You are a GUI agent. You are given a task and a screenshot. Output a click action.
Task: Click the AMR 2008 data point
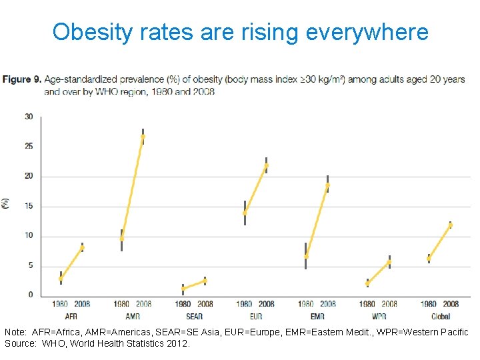(143, 137)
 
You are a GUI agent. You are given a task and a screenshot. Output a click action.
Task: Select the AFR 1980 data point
(61, 278)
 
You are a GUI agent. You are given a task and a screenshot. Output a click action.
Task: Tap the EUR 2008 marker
(266, 165)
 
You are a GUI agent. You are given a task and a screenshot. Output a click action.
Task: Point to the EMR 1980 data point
(306, 256)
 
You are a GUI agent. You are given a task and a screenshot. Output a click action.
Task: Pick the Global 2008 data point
(450, 225)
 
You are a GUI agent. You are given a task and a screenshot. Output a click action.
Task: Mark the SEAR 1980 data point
(183, 289)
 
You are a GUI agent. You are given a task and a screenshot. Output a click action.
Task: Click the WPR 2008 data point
(389, 262)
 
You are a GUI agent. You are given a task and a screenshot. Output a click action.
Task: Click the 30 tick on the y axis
(29, 117)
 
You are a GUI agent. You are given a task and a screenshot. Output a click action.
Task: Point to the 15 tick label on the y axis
(29, 207)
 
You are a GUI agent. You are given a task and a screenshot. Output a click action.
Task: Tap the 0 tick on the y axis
(31, 295)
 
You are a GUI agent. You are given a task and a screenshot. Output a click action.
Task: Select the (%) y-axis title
(6, 203)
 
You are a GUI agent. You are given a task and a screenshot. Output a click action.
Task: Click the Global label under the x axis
(440, 316)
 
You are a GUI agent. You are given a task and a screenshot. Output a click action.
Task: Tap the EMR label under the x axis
(317, 316)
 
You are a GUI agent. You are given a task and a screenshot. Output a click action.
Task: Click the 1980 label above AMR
(121, 305)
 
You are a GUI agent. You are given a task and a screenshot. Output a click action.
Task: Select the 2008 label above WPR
(389, 305)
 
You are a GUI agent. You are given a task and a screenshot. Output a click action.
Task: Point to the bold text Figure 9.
(21, 79)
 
